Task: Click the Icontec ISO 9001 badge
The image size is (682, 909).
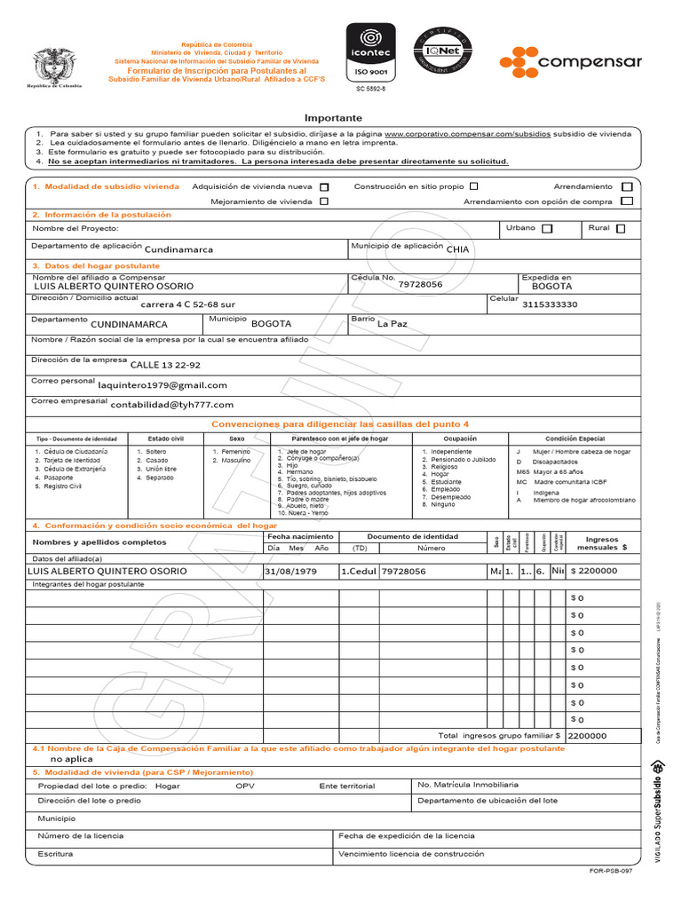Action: click(370, 53)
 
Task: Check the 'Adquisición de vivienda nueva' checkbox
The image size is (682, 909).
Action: click(324, 187)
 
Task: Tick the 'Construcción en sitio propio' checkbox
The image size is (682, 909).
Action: click(473, 186)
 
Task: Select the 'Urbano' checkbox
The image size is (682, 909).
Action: click(547, 229)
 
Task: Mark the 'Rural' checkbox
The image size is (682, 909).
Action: click(620, 229)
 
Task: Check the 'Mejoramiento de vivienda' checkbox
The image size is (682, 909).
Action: click(324, 202)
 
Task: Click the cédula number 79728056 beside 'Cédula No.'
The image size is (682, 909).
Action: click(420, 285)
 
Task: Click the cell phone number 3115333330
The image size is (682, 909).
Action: click(550, 304)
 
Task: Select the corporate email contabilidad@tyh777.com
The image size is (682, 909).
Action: click(172, 405)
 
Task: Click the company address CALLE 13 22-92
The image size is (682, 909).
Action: click(165, 365)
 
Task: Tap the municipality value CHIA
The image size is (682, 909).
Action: click(457, 250)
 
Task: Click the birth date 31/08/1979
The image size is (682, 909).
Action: click(290, 572)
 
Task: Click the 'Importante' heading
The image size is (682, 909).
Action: click(333, 118)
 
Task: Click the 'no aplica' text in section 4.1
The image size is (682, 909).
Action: click(71, 760)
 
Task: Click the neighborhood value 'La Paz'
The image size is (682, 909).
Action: click(392, 324)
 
